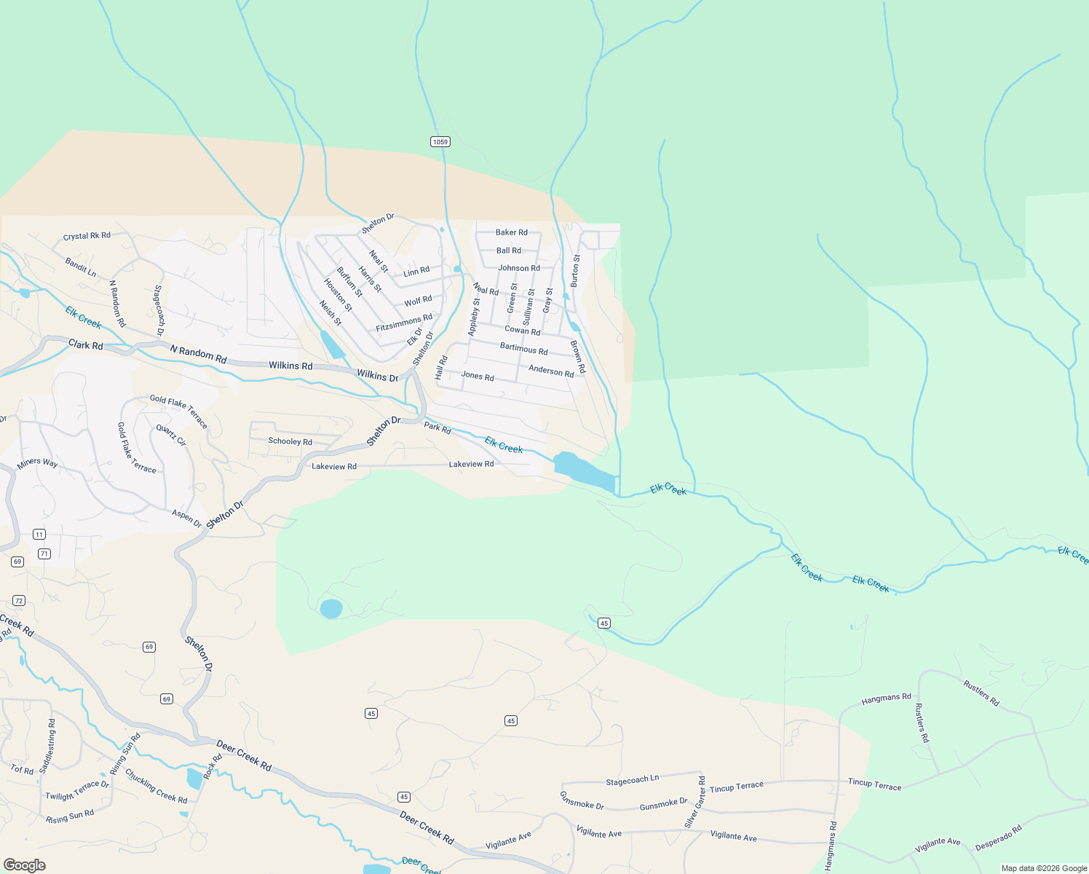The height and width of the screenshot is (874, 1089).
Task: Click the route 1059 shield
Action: (x=440, y=141)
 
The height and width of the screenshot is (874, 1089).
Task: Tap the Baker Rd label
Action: (x=511, y=232)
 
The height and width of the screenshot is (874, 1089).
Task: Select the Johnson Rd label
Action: (x=519, y=268)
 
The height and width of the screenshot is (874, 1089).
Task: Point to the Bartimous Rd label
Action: (x=523, y=349)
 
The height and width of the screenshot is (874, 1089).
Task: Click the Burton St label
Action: (x=575, y=270)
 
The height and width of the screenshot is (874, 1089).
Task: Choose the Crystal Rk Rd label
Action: (x=87, y=236)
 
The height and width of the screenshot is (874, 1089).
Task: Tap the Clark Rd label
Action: (x=86, y=345)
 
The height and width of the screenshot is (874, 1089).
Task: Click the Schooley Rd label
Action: (x=290, y=441)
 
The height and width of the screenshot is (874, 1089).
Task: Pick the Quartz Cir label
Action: (x=171, y=436)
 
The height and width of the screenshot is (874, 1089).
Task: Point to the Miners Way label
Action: (x=37, y=462)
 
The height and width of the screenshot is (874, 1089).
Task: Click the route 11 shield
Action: (x=39, y=534)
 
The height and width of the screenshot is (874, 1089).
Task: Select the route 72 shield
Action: (x=19, y=600)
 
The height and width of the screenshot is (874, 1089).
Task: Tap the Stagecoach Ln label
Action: (x=632, y=780)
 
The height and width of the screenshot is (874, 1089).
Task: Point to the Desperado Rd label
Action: (x=998, y=838)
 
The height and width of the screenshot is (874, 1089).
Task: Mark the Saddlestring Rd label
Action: (x=47, y=745)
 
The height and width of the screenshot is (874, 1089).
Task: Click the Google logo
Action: (x=25, y=865)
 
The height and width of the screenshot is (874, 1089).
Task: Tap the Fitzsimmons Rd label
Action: (x=404, y=323)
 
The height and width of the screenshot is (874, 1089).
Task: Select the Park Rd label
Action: (x=437, y=428)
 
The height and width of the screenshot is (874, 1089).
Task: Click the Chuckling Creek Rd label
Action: (x=156, y=786)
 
